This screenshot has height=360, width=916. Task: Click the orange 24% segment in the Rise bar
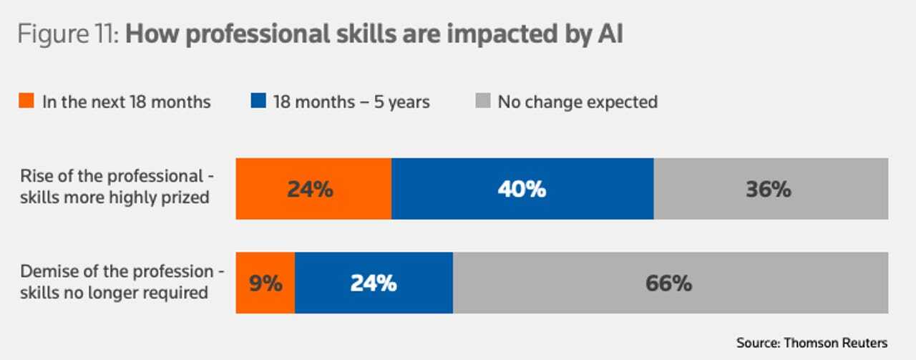click(x=313, y=189)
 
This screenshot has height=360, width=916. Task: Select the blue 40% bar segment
click(x=522, y=189)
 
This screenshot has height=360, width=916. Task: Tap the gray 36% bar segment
click(x=771, y=189)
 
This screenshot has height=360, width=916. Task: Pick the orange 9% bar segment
click(x=265, y=283)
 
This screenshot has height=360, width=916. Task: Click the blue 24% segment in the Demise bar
click(x=374, y=283)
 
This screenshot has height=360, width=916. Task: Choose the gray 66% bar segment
click(x=670, y=283)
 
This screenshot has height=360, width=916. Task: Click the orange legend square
click(x=26, y=102)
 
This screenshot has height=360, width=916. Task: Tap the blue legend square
click(x=258, y=102)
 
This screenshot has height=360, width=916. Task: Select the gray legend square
click(x=482, y=102)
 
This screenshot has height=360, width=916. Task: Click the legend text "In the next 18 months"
click(x=126, y=102)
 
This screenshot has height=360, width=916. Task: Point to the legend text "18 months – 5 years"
click(x=351, y=102)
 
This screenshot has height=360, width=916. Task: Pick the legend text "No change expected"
click(x=578, y=102)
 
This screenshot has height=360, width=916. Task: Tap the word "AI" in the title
click(x=609, y=34)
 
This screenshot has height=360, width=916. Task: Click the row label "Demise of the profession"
click(x=117, y=272)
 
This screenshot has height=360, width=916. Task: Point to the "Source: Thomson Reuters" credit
click(x=812, y=342)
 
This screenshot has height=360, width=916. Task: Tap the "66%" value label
click(x=668, y=283)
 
